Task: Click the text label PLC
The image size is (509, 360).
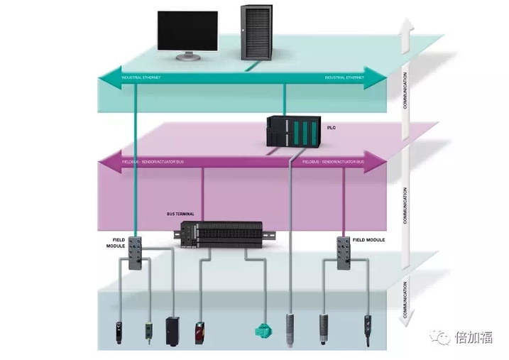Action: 330,127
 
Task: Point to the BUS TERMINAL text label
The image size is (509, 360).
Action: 180,213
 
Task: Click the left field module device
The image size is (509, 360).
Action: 136,249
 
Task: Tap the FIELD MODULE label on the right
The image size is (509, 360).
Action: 371,240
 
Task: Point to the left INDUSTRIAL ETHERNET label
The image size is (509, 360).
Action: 141,77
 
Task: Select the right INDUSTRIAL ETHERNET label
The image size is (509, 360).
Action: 344,77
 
